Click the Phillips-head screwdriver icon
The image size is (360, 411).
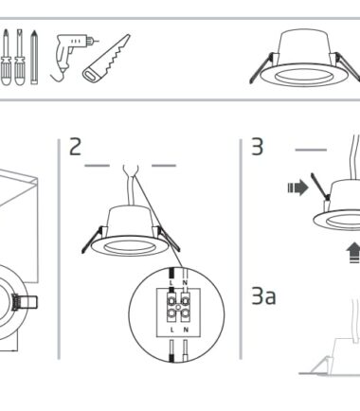(6, 58)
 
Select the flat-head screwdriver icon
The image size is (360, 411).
(20, 58)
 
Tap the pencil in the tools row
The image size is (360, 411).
(34, 58)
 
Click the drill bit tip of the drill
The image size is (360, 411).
(98, 41)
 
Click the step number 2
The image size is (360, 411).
(75, 147)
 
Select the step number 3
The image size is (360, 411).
(257, 147)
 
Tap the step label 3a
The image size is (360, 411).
(263, 296)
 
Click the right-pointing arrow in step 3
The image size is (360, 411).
(297, 188)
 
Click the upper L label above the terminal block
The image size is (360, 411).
(171, 282)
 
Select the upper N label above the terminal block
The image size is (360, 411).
(186, 282)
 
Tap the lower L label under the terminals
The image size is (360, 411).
(172, 330)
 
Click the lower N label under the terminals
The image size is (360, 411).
(186, 330)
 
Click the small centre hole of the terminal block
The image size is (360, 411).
(178, 307)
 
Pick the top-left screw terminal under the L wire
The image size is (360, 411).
(171, 300)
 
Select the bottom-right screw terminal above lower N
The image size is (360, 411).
(186, 313)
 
